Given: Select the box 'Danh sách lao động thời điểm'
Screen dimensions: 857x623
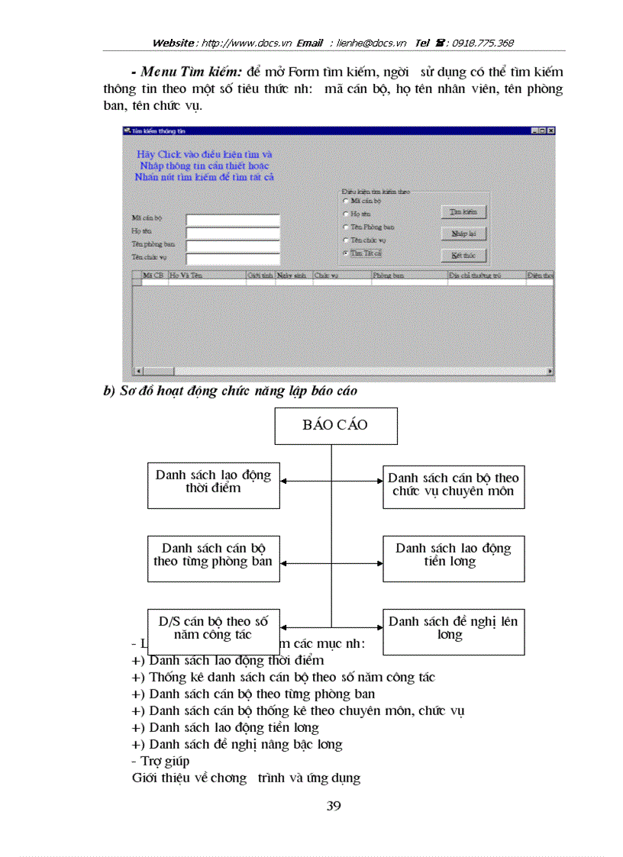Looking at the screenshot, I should pyautogui.click(x=214, y=485).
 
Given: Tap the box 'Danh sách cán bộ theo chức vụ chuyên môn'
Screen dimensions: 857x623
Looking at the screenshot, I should pyautogui.click(x=454, y=485).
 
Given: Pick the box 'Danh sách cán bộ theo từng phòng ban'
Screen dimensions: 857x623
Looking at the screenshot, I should pyautogui.click(x=214, y=559).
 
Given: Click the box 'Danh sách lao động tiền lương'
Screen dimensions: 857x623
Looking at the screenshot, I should pyautogui.click(x=454, y=559).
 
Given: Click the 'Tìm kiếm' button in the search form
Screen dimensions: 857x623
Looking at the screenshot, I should pyautogui.click(x=463, y=211).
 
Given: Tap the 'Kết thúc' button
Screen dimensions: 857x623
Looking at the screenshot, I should pyautogui.click(x=463, y=255).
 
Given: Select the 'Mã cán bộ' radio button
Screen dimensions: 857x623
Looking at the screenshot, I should pyautogui.click(x=346, y=201).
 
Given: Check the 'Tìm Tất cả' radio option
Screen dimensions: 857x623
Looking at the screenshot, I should pyautogui.click(x=346, y=253).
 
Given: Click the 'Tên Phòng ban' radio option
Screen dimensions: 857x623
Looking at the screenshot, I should pyautogui.click(x=346, y=227).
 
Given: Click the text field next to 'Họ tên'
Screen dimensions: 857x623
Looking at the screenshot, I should pyautogui.click(x=233, y=233).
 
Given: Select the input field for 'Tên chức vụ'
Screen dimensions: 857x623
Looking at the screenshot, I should pyautogui.click(x=233, y=258).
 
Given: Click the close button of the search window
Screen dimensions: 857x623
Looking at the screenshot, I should pyautogui.click(x=551, y=131).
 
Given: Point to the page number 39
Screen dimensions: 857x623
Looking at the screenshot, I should pyautogui.click(x=334, y=806).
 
